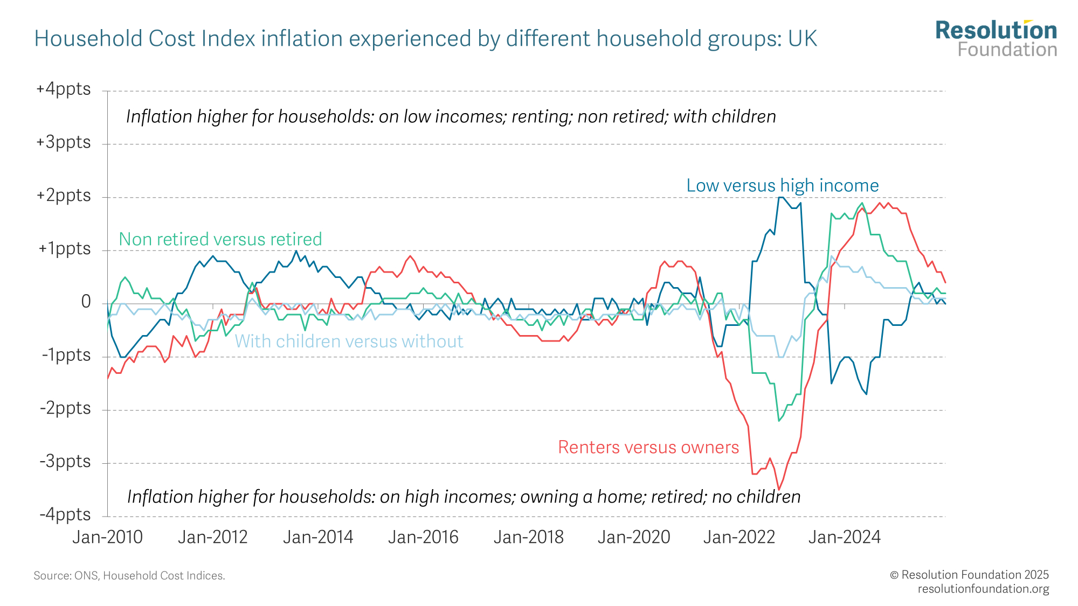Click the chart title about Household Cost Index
tap(425, 39)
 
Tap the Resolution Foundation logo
tap(996, 39)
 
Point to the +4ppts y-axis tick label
tap(64, 89)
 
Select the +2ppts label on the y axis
tap(64, 195)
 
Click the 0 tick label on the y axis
tap(86, 302)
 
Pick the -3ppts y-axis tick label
tap(65, 462)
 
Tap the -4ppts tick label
tap(65, 514)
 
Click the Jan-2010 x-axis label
tap(108, 537)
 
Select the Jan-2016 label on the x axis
tap(423, 537)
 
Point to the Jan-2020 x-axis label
tap(634, 537)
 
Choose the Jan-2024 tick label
tap(844, 537)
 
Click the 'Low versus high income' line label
tap(782, 185)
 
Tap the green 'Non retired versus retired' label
tap(220, 239)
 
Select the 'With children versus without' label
tap(349, 342)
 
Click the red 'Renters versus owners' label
tap(648, 447)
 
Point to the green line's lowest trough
tap(779, 421)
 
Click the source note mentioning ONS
tap(129, 576)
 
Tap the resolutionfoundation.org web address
tap(983, 589)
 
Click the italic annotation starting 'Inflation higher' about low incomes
tap(451, 116)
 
